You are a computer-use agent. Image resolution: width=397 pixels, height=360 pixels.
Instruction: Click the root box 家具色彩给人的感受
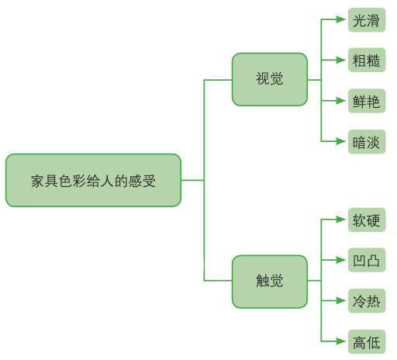[93, 180]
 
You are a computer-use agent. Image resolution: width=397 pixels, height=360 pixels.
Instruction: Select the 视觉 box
[270, 79]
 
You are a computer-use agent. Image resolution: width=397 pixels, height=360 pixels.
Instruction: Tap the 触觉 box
[270, 282]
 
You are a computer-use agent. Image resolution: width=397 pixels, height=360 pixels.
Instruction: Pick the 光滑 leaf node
[367, 20]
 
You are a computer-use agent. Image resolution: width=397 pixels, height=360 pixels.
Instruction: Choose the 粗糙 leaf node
[367, 60]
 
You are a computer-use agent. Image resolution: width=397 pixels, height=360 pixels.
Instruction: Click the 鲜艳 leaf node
[367, 101]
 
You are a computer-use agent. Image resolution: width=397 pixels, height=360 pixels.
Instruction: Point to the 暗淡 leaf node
[367, 142]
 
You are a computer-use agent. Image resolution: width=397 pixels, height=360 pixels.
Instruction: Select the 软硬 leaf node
[367, 220]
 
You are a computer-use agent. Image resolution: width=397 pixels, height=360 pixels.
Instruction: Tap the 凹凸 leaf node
[367, 260]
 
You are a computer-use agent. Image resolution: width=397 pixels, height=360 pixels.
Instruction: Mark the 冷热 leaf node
[367, 301]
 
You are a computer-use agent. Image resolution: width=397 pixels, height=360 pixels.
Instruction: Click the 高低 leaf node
[367, 342]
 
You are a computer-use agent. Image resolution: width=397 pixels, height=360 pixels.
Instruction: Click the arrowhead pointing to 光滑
[340, 19]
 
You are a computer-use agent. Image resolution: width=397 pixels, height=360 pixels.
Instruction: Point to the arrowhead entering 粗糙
[340, 60]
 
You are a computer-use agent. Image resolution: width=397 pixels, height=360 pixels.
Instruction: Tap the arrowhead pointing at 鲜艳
[340, 101]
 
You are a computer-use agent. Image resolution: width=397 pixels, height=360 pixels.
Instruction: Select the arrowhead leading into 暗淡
[340, 141]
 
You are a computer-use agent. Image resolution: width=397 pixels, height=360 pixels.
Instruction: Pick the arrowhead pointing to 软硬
[340, 220]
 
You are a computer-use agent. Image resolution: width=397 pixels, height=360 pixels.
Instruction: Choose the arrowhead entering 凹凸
[340, 260]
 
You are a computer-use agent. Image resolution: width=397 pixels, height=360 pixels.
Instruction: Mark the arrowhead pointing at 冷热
[340, 300]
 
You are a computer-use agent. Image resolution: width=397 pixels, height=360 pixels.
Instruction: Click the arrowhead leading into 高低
[340, 341]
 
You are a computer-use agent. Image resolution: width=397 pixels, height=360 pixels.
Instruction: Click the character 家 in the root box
[37, 181]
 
